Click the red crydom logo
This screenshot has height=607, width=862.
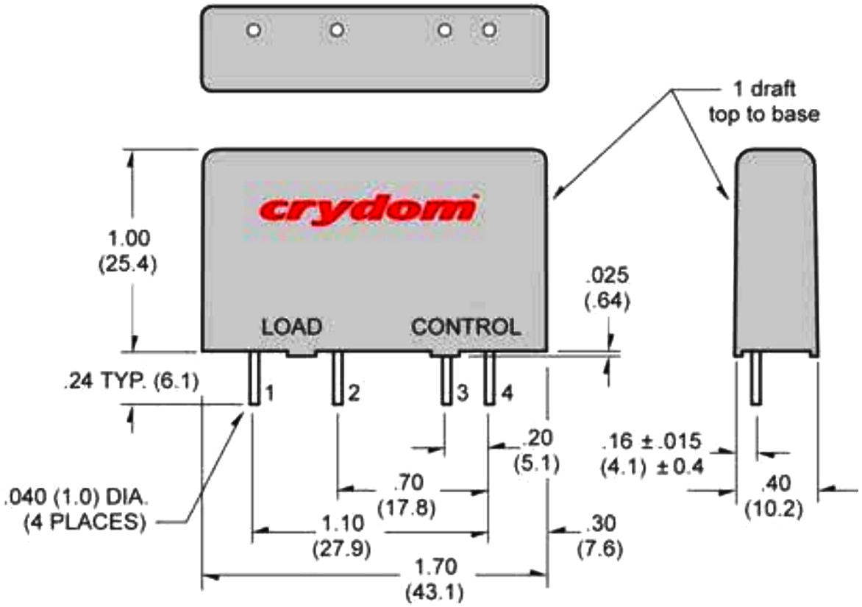(366, 209)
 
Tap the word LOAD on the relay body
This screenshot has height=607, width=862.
(292, 327)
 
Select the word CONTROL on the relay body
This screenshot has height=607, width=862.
(466, 327)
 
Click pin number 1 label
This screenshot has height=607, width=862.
(269, 394)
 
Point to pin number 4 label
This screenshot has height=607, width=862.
(507, 394)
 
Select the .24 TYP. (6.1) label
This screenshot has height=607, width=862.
(130, 381)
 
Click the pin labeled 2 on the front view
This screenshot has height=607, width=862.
(337, 377)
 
